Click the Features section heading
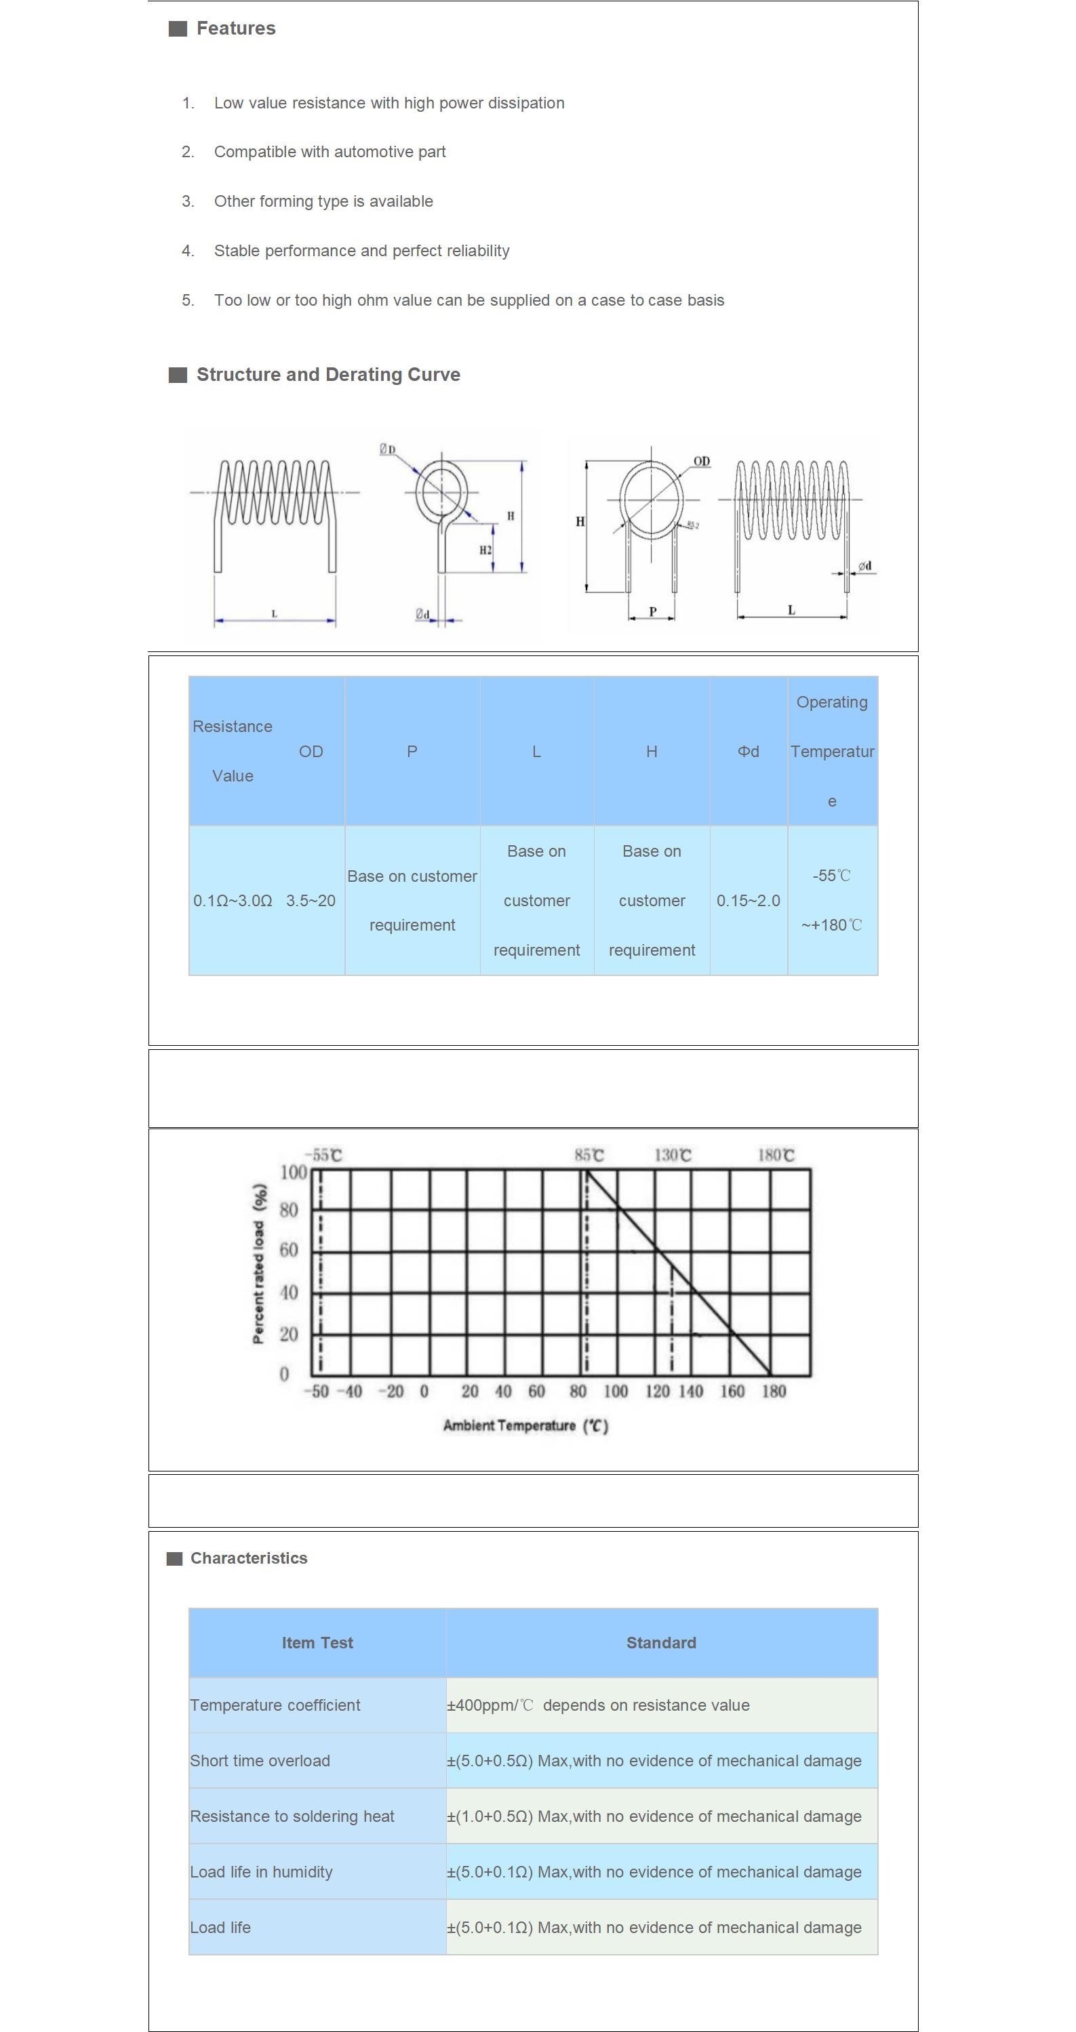pos(235,28)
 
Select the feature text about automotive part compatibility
pos(329,151)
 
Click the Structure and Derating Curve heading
pos(327,375)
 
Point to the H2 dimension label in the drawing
pos(485,550)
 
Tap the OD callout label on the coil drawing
pos(700,462)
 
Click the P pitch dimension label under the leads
pos(652,611)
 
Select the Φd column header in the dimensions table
pos(748,752)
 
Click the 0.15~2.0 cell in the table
pos(748,901)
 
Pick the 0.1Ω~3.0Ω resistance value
pos(233,901)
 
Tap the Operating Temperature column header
pos(831,751)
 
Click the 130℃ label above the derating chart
pos(672,1156)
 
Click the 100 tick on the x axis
pos(616,1391)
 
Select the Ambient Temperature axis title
pos(525,1425)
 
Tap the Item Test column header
pos(317,1643)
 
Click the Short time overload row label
pos(260,1761)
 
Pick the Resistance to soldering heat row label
pos(292,1816)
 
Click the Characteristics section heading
pos(248,1558)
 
